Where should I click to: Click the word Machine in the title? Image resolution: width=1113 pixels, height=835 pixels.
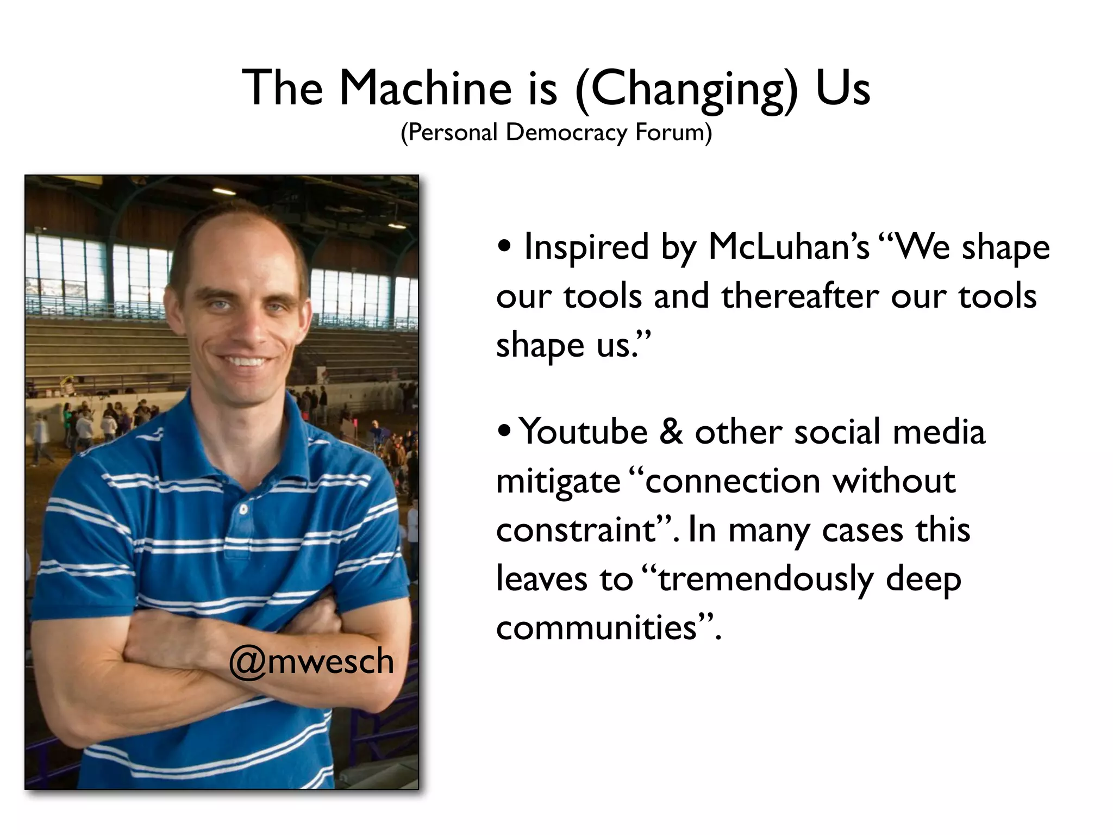pos(426,88)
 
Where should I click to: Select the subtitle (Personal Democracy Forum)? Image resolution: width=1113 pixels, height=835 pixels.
pos(556,132)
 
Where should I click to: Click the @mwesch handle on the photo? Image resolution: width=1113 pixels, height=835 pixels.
pos(311,662)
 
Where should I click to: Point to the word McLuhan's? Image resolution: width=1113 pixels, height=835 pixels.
pos(789,247)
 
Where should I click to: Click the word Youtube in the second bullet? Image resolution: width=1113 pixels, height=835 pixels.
pos(583,432)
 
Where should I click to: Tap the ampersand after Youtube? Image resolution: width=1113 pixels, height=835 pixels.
pos(672,432)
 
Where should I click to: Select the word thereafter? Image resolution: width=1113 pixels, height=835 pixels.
pos(799,296)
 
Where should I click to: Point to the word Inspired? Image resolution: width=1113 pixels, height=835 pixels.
pos(586,247)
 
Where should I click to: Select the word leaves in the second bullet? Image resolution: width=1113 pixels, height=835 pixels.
pos(541,579)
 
